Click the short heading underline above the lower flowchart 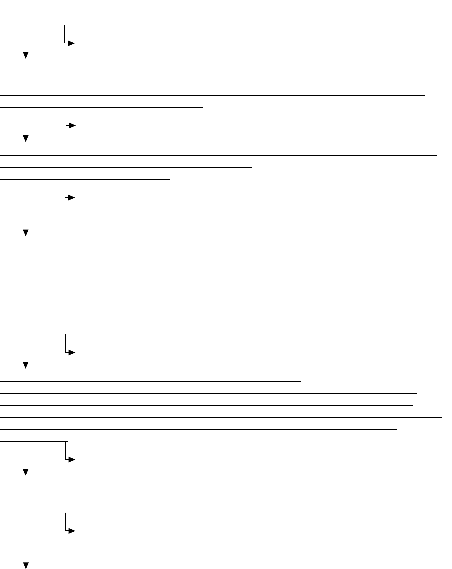pyautogui.click(x=20, y=309)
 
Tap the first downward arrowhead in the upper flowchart pyautogui.click(x=25, y=55)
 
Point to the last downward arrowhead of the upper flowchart pyautogui.click(x=25, y=233)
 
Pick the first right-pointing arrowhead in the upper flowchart pyautogui.click(x=71, y=44)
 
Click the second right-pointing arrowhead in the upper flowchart pyautogui.click(x=71, y=126)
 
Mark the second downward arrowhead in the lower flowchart pyautogui.click(x=25, y=472)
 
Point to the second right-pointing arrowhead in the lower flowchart pyautogui.click(x=71, y=460)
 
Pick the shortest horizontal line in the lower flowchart pyautogui.click(x=35, y=440)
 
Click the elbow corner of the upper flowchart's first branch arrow pyautogui.click(x=65, y=44)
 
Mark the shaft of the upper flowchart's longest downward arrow pyautogui.click(x=25, y=204)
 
